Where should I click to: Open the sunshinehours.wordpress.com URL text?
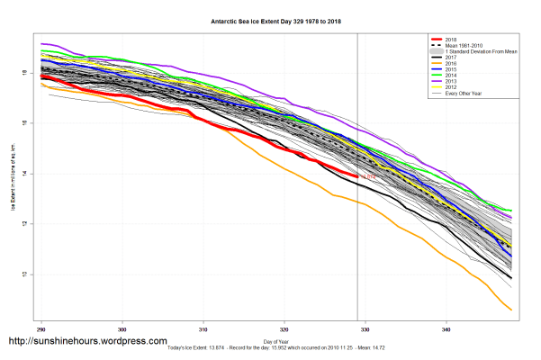87,342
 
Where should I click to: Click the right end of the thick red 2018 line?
358,177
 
